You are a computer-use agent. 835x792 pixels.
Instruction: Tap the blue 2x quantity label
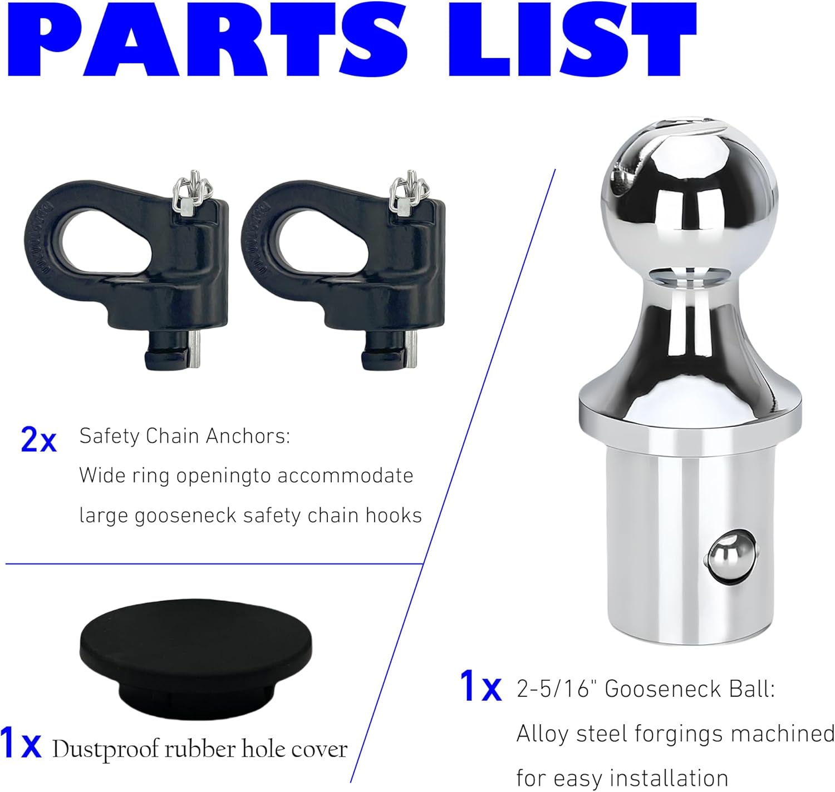tap(38, 439)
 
